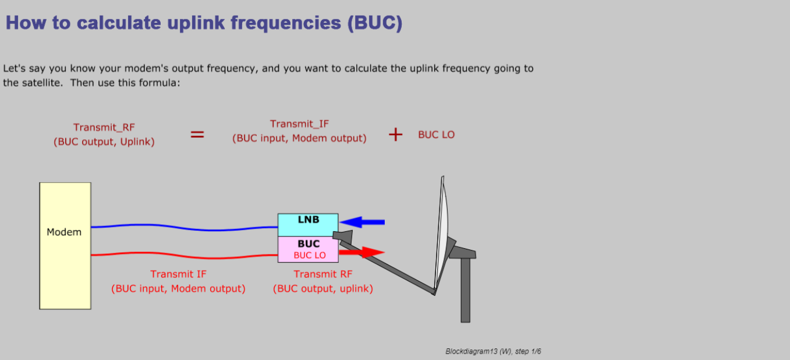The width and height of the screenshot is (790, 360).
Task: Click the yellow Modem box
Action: (65, 246)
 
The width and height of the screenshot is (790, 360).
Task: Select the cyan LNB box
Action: (308, 225)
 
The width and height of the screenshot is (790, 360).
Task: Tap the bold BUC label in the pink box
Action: (309, 243)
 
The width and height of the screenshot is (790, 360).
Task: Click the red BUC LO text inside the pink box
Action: (310, 255)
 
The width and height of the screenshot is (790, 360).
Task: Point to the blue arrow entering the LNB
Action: (362, 222)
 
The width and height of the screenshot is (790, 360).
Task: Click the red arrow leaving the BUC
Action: (362, 252)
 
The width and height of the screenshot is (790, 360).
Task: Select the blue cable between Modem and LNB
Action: (185, 228)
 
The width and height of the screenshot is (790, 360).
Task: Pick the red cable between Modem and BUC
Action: (185, 256)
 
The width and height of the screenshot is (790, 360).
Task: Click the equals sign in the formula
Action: (197, 135)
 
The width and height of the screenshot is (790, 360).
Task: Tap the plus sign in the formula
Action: (395, 135)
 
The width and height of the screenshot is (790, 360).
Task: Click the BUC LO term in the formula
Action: (436, 135)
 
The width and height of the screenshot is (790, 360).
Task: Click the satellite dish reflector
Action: (441, 233)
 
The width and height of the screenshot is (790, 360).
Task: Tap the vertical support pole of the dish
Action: (465, 290)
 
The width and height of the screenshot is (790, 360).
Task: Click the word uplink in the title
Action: (196, 23)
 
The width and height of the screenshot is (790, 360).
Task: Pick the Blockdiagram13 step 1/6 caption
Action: (493, 351)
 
